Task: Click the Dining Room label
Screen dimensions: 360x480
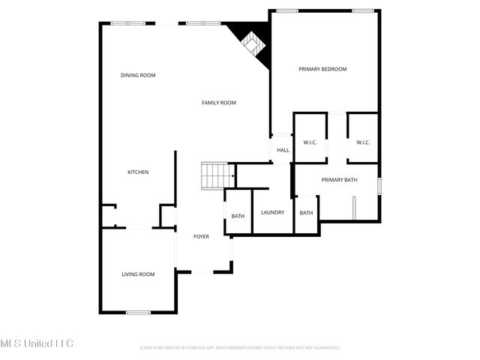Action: [x=138, y=75]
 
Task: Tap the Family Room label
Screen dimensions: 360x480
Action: [x=218, y=103]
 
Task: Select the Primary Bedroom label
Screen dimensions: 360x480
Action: [x=322, y=69]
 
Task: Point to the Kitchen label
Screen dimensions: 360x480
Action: [x=138, y=172]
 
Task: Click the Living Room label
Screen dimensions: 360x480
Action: [x=138, y=274]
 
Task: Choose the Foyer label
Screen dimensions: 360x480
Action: [x=201, y=237]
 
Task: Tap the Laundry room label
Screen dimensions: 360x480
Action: [x=272, y=212]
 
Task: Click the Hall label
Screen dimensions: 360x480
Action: [x=283, y=150]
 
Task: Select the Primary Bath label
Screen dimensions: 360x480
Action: [x=339, y=180]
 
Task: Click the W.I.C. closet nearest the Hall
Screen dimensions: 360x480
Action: [x=310, y=142]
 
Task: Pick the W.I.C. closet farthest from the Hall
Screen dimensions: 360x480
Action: [x=363, y=142]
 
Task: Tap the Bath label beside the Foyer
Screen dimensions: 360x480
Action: [x=237, y=217]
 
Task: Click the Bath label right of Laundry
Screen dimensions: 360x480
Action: [x=306, y=213]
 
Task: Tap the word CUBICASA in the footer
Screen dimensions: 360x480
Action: [x=202, y=348]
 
